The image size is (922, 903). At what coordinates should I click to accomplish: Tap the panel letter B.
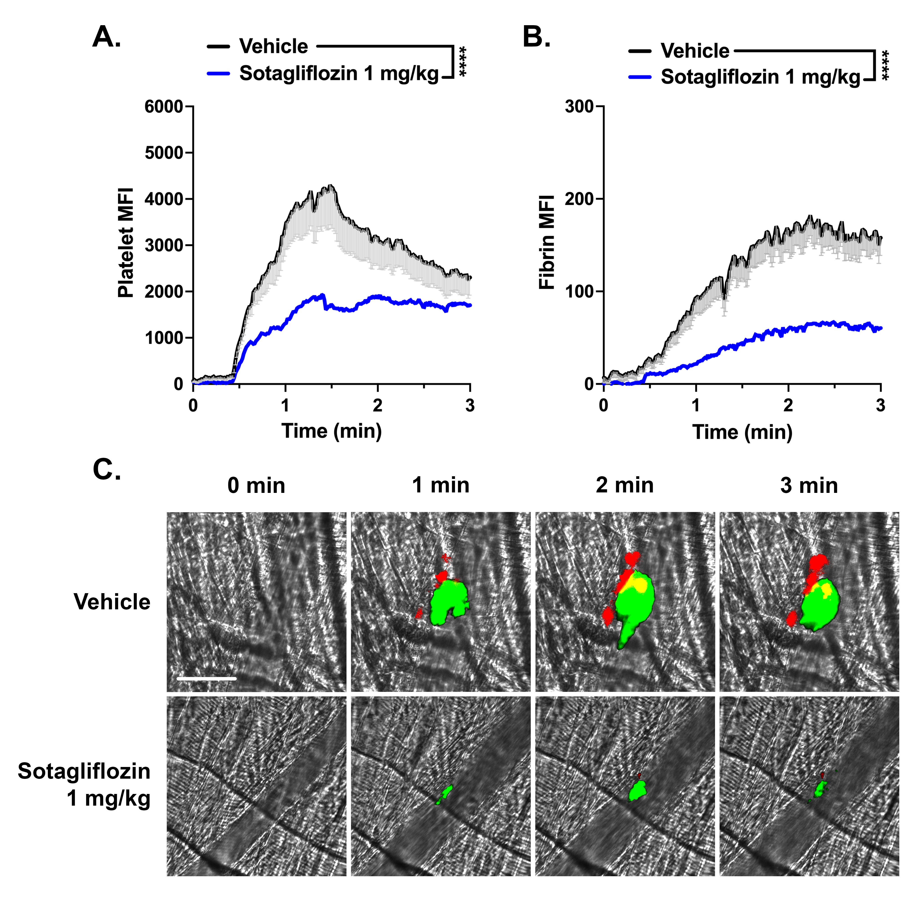point(536,37)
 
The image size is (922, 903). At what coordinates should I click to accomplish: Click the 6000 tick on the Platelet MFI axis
point(164,107)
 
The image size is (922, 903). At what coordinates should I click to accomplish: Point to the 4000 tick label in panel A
point(164,199)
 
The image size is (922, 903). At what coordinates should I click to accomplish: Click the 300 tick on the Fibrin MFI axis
point(579,107)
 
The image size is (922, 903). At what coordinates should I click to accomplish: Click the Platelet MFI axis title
point(126,243)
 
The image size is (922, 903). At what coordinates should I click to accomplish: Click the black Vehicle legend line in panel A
point(218,47)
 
